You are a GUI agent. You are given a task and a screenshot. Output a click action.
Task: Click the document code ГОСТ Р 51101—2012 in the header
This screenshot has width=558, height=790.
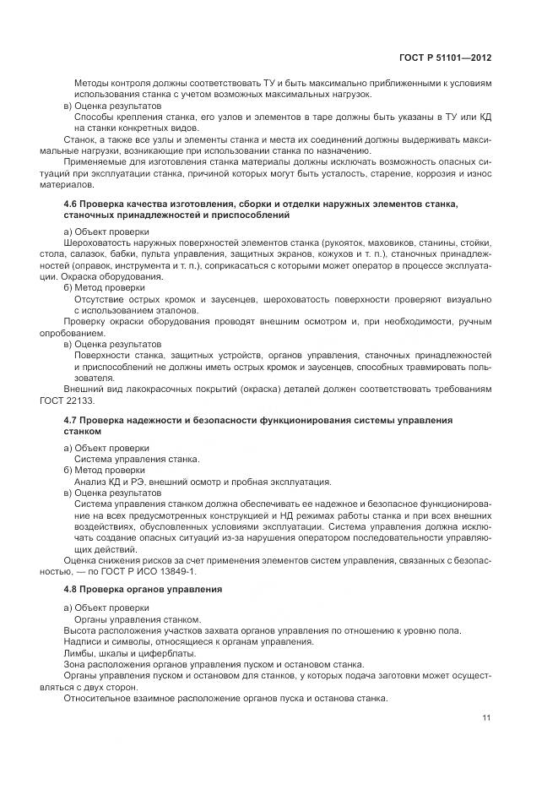tap(446, 57)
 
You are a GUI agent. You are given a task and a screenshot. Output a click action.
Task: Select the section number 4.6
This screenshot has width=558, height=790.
tap(73, 204)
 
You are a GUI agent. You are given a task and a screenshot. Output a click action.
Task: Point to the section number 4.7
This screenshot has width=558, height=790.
tap(73, 419)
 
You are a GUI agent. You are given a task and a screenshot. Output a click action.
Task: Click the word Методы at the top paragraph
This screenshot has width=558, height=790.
tap(94, 84)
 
